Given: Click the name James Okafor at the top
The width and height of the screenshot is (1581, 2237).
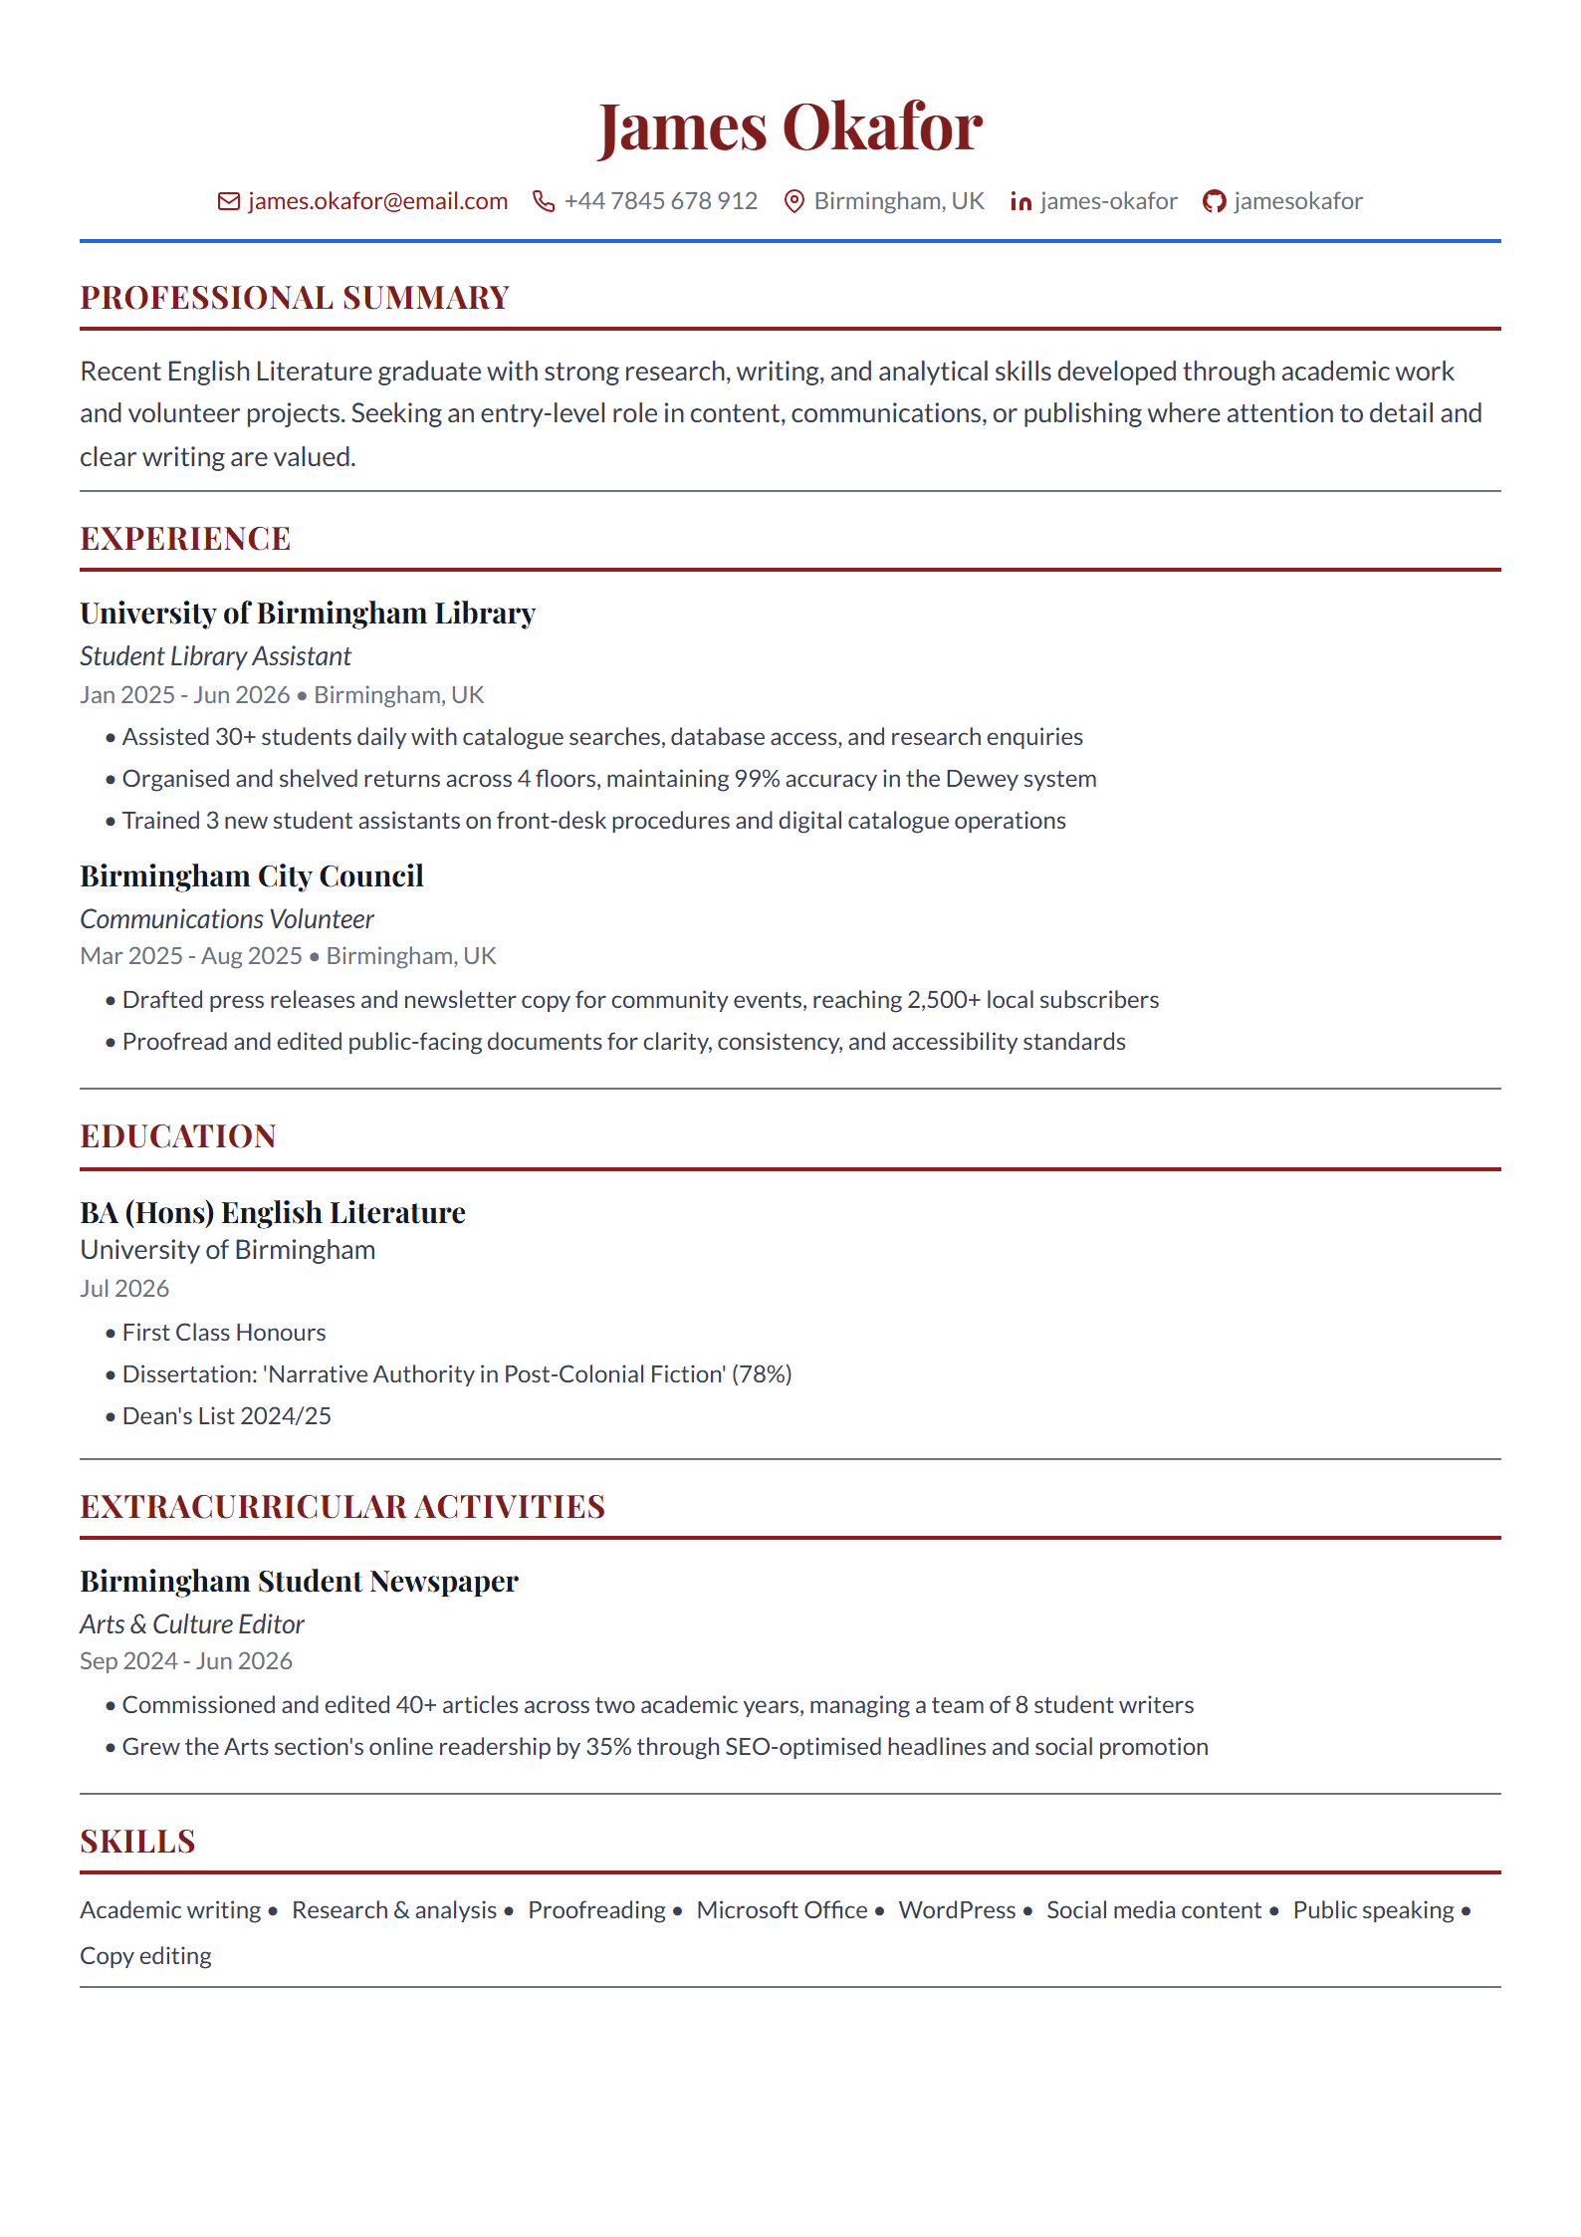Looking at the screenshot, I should pyautogui.click(x=790, y=127).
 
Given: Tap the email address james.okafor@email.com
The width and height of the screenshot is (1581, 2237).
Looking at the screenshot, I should pyautogui.click(x=377, y=201).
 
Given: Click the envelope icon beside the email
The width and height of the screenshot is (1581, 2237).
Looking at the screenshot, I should pyautogui.click(x=229, y=201).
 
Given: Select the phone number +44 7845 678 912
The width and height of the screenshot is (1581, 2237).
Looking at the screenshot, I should pyautogui.click(x=660, y=201).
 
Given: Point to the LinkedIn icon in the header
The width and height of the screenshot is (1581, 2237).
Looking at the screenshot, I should pyautogui.click(x=1020, y=202).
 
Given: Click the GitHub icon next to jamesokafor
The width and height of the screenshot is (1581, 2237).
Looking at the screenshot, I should pyautogui.click(x=1214, y=202).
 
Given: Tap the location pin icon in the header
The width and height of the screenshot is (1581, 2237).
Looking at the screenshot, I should pyautogui.click(x=793, y=202).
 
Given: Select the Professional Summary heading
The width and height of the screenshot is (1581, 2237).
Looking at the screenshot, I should pyautogui.click(x=295, y=298).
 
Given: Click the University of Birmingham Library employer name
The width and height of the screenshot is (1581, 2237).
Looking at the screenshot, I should pyautogui.click(x=308, y=614).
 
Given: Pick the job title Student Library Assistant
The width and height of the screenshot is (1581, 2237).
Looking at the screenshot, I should pyautogui.click(x=215, y=656).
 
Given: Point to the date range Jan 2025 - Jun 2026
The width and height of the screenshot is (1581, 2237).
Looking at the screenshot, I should pyautogui.click(x=185, y=695).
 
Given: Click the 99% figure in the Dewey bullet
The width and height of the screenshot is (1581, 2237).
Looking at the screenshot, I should pyautogui.click(x=756, y=779).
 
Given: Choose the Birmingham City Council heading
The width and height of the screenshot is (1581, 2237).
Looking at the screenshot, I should pyautogui.click(x=252, y=876).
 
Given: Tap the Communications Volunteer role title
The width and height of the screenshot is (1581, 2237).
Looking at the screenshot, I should pyautogui.click(x=227, y=919).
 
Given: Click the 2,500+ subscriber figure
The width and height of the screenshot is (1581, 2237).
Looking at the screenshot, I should pyautogui.click(x=943, y=1000).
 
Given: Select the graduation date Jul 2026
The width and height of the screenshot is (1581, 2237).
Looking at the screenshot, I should pyautogui.click(x=124, y=1289).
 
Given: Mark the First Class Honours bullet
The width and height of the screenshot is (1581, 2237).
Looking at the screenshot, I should pyautogui.click(x=224, y=1333).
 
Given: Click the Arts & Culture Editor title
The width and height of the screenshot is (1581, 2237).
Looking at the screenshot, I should pyautogui.click(x=192, y=1624).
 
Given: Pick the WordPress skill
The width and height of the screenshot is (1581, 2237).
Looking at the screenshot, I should pyautogui.click(x=957, y=1910).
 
